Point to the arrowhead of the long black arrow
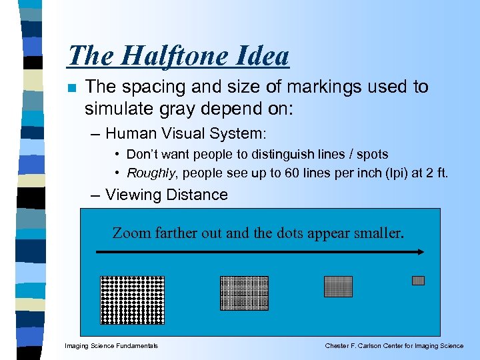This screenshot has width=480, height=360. (x=422, y=252)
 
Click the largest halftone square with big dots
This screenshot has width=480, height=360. (x=132, y=299)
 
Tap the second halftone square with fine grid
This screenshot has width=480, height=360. (x=244, y=293)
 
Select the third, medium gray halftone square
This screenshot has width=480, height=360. (x=338, y=286)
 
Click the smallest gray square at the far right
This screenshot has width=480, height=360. (x=418, y=281)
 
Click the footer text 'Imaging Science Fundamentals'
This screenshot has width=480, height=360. (x=111, y=346)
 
